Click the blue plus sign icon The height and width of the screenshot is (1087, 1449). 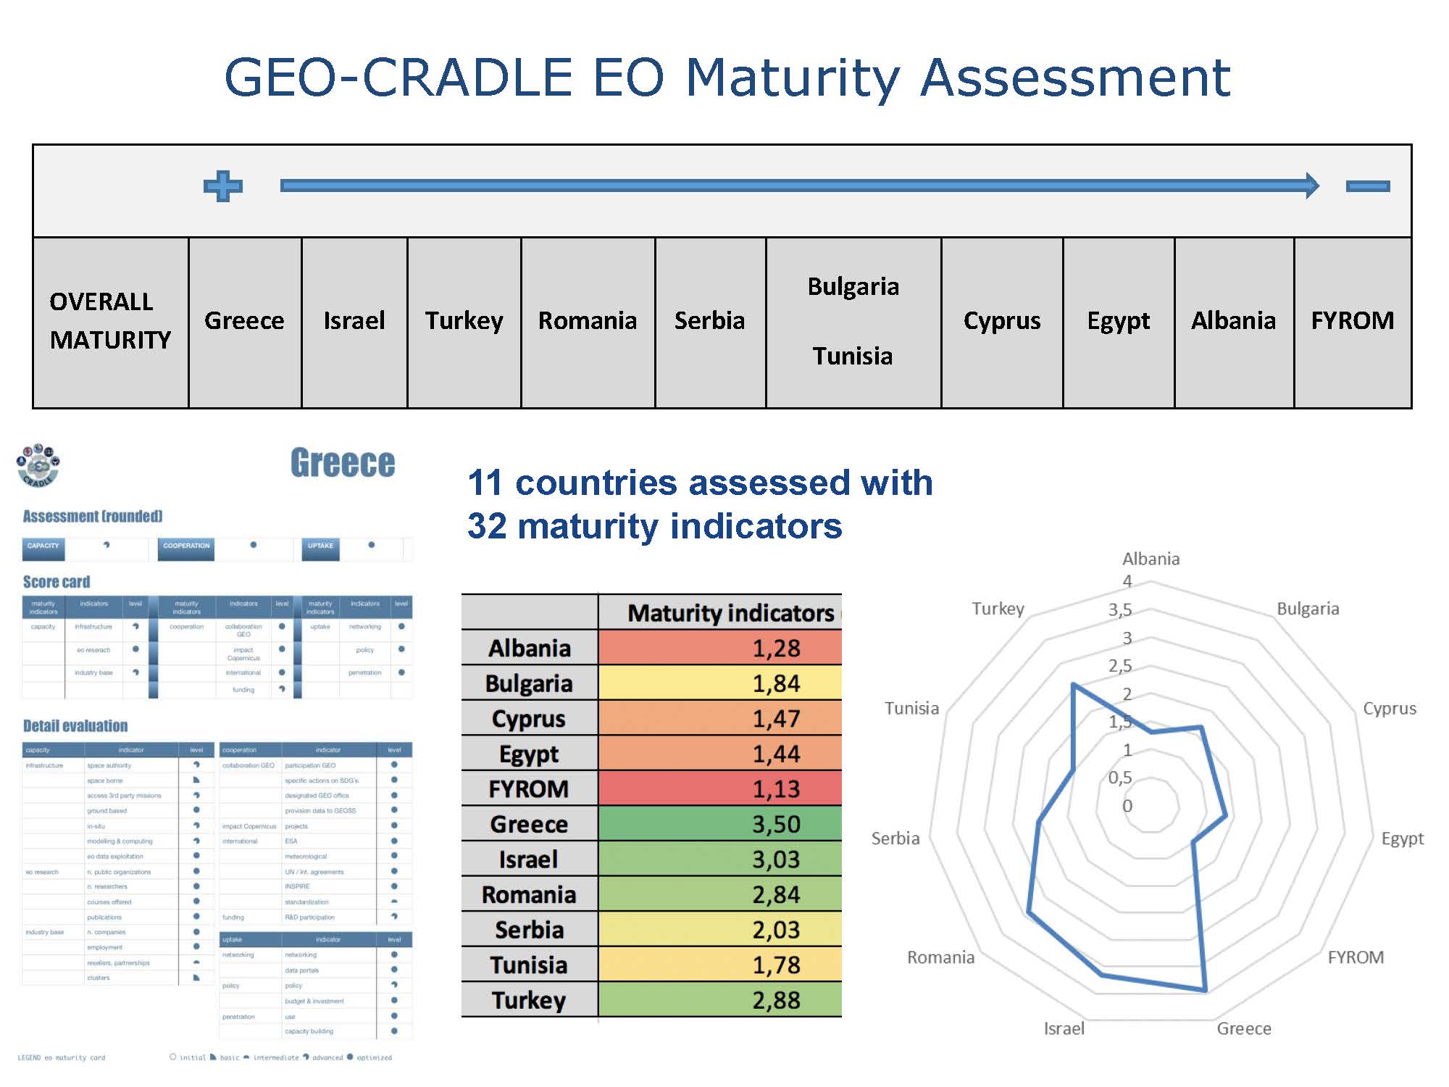(x=223, y=186)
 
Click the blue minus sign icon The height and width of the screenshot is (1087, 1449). (x=1367, y=186)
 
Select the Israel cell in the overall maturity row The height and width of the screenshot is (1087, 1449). (x=354, y=320)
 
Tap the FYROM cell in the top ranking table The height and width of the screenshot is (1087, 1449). (x=1352, y=320)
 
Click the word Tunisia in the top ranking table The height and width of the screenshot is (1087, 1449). (x=853, y=356)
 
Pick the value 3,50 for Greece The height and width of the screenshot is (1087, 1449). (x=776, y=824)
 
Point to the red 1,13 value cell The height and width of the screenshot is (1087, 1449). (x=776, y=788)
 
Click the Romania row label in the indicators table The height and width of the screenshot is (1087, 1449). (x=529, y=895)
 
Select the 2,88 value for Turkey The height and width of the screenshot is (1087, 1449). (x=776, y=1001)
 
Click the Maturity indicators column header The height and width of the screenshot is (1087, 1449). (x=730, y=613)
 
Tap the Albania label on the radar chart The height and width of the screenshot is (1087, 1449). (x=1151, y=559)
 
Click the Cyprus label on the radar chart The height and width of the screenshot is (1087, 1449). (x=1389, y=708)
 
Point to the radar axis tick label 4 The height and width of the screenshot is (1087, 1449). (x=1127, y=581)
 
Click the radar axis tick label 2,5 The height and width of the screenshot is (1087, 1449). (x=1120, y=666)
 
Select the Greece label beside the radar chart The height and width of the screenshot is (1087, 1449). (x=1243, y=1028)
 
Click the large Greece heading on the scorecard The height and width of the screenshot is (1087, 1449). (x=343, y=463)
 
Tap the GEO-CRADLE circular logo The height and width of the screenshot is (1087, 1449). (x=38, y=465)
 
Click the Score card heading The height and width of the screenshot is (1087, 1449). (x=57, y=582)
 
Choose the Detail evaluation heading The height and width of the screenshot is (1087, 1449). (x=75, y=726)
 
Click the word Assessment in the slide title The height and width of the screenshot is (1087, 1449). (x=1075, y=78)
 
